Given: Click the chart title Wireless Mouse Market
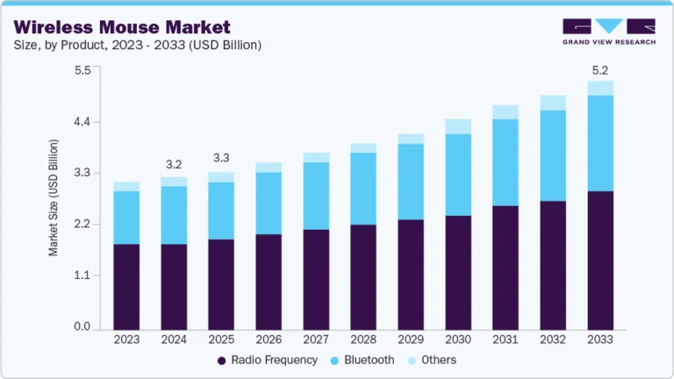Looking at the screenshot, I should point(122,26).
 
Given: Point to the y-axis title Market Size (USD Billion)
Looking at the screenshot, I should point(54,197).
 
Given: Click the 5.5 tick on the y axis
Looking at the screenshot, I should point(82,70).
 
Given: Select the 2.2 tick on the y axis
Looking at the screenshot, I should point(82,225).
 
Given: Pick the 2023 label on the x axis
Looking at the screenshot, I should point(126,339).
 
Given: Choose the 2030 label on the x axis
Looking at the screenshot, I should point(458,339).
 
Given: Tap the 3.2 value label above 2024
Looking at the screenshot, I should point(174,164).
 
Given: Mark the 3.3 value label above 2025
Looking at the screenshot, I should point(221,159).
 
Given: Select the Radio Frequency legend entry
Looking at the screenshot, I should point(269,360).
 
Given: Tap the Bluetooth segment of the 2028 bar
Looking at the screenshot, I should point(363,189).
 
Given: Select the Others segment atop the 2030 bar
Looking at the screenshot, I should point(458,126).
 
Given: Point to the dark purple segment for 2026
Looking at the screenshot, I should point(269,282).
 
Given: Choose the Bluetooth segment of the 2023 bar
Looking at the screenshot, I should point(126,218).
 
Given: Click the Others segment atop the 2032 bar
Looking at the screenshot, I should point(553,103).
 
